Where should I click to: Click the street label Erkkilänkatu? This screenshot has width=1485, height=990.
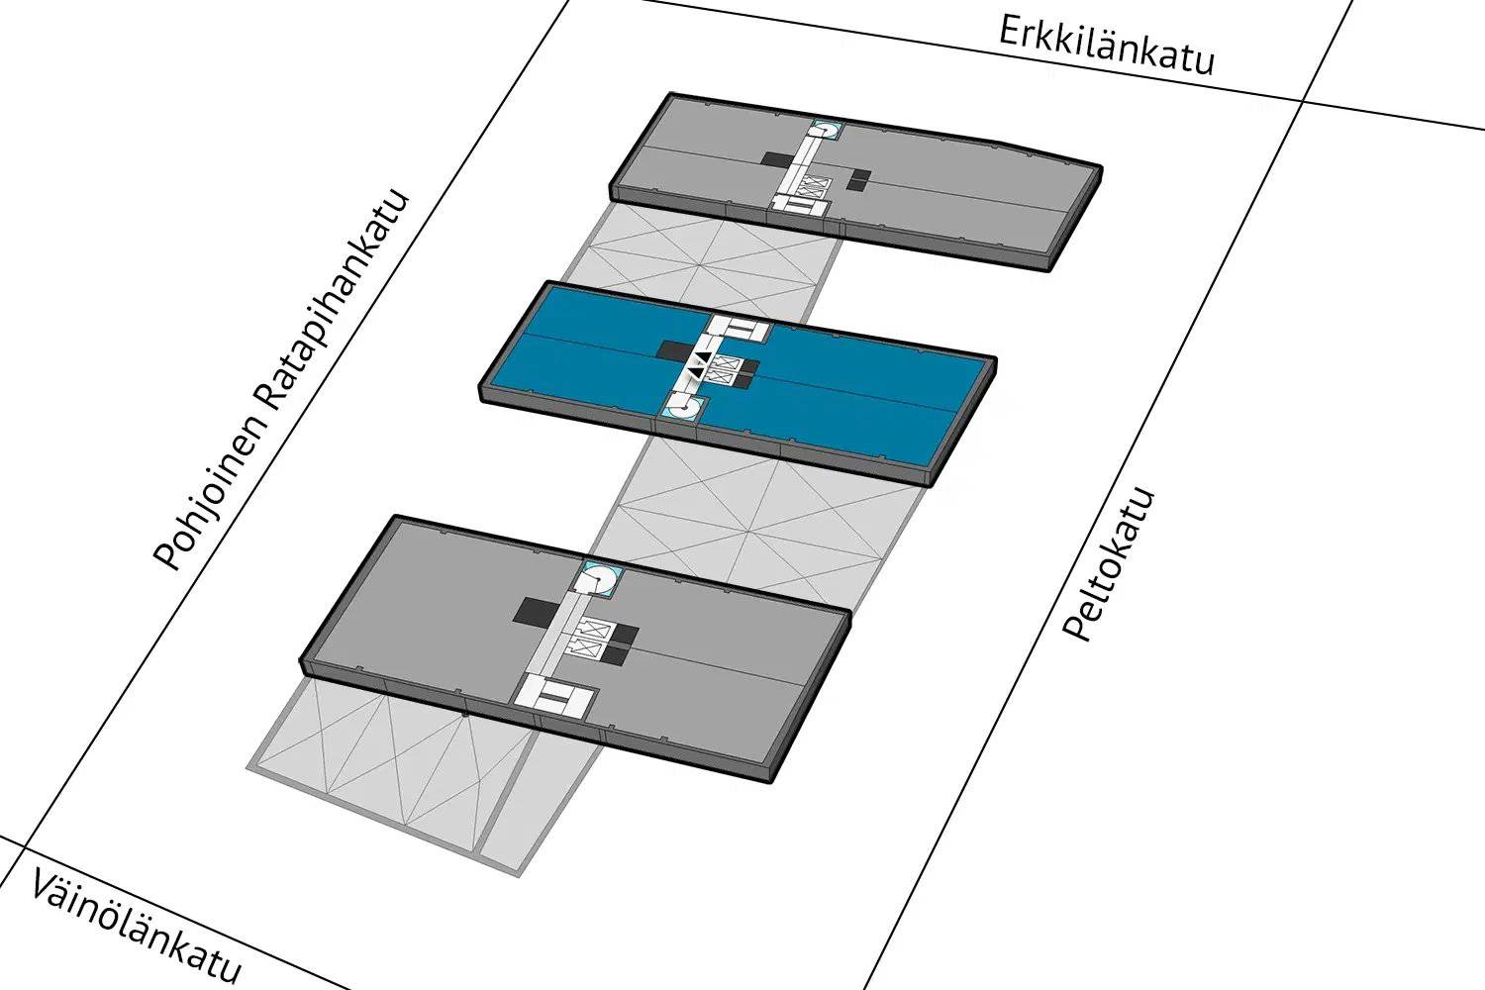pos(1106,46)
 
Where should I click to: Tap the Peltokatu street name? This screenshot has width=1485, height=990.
pos(1109,565)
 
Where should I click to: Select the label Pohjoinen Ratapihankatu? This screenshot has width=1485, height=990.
pos(281,380)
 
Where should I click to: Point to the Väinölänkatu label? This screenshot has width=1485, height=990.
pos(136,928)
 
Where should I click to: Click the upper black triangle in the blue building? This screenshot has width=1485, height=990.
pos(702,358)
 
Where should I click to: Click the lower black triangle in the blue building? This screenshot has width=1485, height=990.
pos(694,374)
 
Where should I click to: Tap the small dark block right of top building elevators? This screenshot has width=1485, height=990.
pos(860,178)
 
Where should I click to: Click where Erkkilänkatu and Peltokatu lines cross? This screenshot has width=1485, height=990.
pos(1302,102)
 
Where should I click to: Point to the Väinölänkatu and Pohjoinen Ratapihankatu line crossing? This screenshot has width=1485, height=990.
pos(24,846)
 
